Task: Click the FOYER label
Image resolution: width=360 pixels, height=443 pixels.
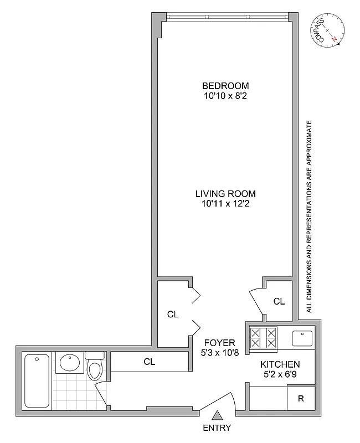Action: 219,342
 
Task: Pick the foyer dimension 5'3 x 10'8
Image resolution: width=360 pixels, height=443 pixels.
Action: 219,352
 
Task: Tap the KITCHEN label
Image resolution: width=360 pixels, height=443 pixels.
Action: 280,364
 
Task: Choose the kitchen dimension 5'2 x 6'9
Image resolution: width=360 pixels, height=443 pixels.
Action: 280,374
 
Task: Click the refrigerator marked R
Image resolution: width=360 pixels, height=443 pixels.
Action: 301,398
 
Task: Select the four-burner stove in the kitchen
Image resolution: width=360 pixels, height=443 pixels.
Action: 264,337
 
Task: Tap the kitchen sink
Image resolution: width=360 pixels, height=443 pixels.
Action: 303,337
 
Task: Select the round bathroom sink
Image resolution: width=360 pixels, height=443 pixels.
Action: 70,364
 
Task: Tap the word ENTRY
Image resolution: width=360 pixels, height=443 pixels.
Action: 217,428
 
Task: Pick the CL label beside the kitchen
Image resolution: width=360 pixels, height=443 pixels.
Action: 279,302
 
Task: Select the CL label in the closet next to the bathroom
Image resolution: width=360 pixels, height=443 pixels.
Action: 149,362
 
